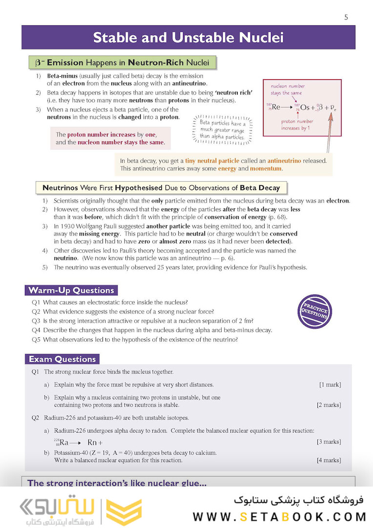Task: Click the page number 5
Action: coord(346,17)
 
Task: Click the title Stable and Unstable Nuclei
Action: coord(188,38)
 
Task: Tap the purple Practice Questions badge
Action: coord(314,311)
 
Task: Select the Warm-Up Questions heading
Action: coord(71,290)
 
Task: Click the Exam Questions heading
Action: coord(62,359)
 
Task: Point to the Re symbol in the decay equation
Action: coord(276,107)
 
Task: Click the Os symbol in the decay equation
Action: coord(305,107)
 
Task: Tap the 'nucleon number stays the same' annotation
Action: coord(288,89)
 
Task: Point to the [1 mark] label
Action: coord(330,385)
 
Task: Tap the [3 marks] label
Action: coord(329,442)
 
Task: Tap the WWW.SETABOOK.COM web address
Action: coord(279,517)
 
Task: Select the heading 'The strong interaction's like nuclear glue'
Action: coord(117,483)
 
